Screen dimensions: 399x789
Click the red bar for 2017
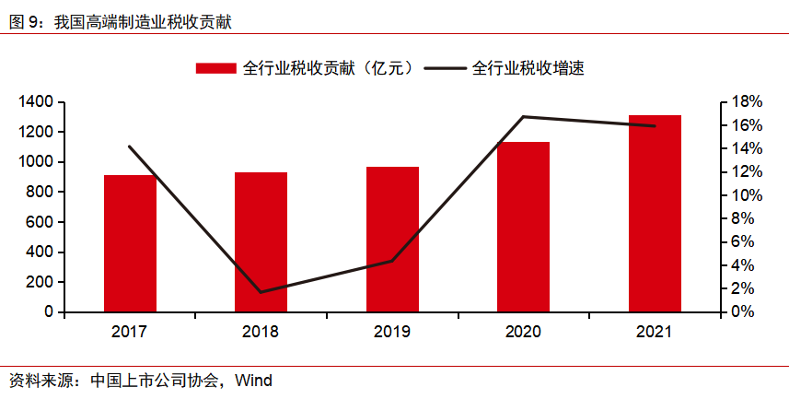[x=130, y=243]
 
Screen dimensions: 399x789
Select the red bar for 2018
[x=261, y=242]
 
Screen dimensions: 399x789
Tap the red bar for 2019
[x=392, y=240]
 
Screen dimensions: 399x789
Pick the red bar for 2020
[x=523, y=227]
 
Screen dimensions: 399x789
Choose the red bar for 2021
[x=655, y=214]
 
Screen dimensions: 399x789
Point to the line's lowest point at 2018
[x=261, y=292]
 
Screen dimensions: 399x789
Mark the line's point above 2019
[x=392, y=261]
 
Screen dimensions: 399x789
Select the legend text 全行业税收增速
[x=529, y=68]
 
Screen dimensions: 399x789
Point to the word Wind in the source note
[x=253, y=380]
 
